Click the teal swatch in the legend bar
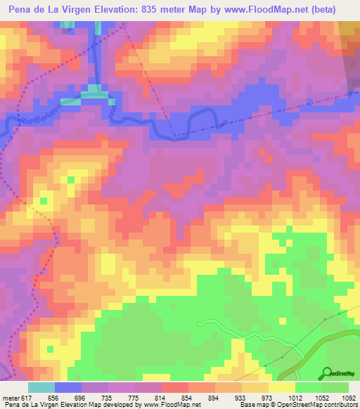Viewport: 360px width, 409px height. (x=41, y=387)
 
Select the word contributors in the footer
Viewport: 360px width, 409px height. (x=340, y=404)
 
